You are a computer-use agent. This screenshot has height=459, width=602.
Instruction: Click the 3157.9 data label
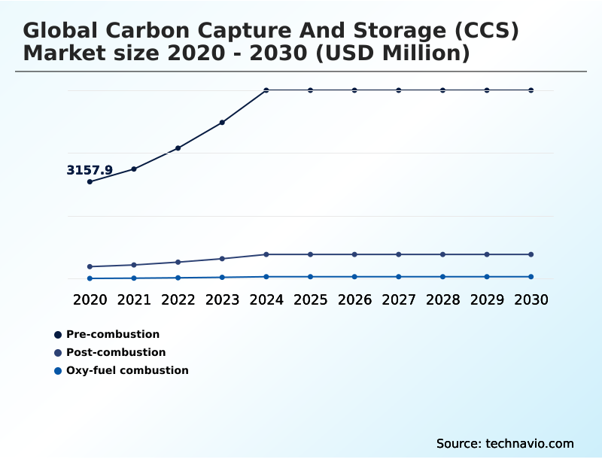click(x=90, y=171)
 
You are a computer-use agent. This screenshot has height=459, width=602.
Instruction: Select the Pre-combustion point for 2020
click(x=90, y=181)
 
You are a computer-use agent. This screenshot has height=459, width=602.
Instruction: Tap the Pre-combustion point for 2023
click(x=222, y=122)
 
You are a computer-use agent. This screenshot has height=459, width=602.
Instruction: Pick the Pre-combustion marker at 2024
click(x=266, y=90)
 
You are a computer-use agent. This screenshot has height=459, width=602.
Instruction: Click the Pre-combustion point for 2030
click(x=531, y=90)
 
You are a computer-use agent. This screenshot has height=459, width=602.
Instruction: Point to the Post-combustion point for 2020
click(x=90, y=266)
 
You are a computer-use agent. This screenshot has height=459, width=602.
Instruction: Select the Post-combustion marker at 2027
click(x=399, y=254)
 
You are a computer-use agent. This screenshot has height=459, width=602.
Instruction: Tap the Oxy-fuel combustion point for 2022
click(x=178, y=278)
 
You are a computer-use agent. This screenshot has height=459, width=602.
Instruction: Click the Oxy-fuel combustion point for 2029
click(x=487, y=277)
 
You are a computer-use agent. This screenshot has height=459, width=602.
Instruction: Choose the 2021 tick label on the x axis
click(x=134, y=299)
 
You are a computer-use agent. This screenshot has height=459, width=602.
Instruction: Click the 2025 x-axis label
click(x=310, y=299)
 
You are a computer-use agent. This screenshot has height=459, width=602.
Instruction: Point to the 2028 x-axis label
click(x=442, y=299)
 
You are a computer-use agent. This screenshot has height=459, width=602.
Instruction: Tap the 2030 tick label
click(x=531, y=299)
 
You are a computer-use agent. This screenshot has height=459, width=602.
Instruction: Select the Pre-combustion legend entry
click(x=113, y=334)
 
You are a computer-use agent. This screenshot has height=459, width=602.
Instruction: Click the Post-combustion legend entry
click(x=116, y=352)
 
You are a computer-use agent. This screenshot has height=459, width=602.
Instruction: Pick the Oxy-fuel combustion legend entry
click(x=127, y=370)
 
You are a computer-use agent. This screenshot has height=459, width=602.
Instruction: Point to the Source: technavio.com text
click(x=505, y=443)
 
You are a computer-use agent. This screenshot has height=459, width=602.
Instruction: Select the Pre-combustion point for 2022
click(x=178, y=148)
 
